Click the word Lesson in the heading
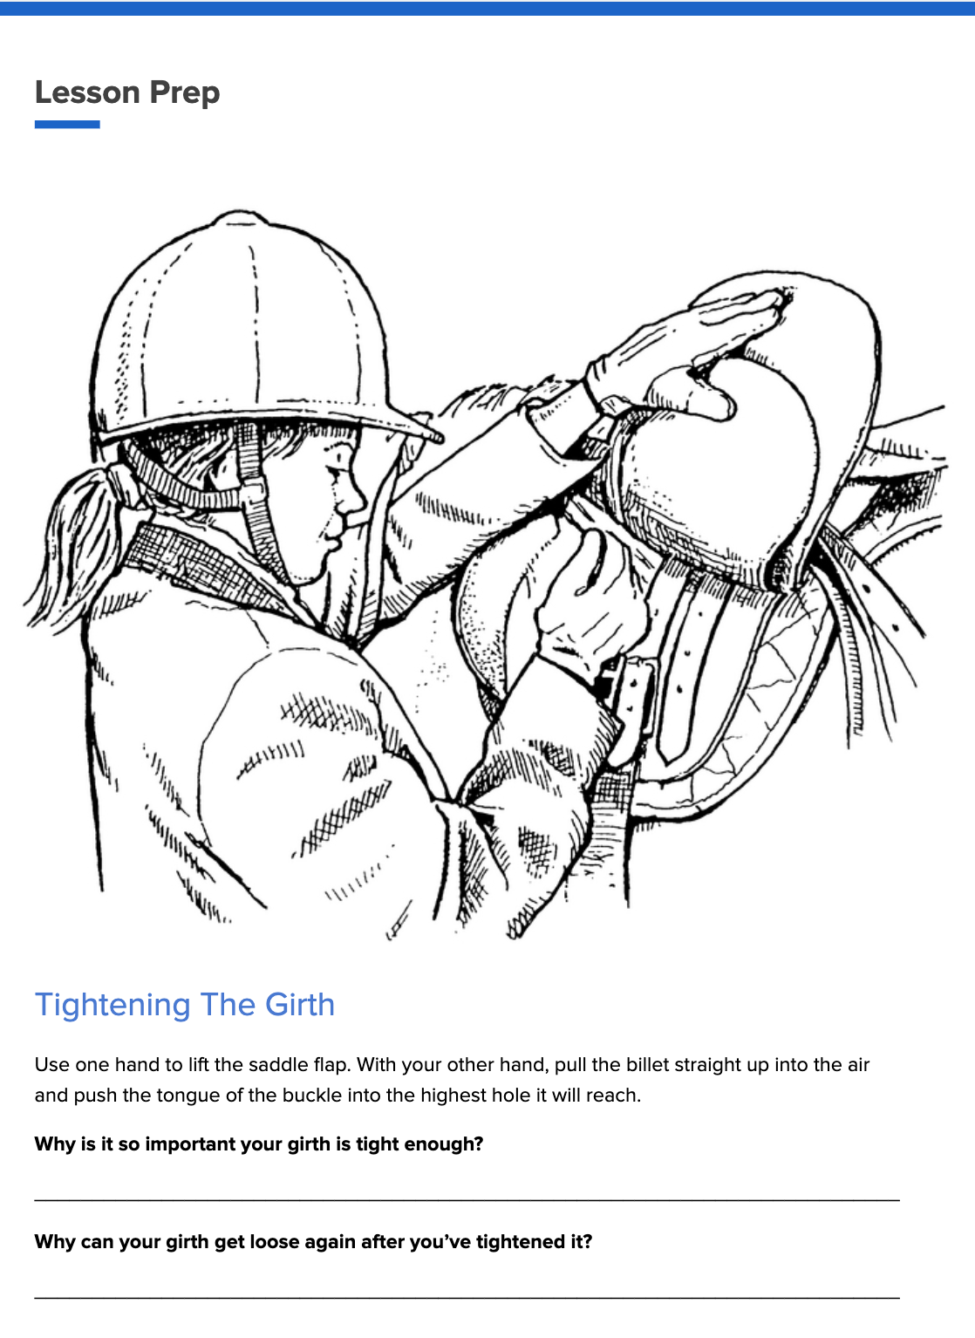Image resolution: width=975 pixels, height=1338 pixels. [87, 92]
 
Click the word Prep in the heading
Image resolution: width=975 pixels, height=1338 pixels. [184, 92]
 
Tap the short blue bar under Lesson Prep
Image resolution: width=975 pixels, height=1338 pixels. [67, 125]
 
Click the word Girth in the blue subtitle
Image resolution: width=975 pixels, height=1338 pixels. [299, 1005]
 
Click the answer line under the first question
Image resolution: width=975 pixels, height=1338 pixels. [467, 1200]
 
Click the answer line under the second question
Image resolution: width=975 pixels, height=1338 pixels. [467, 1298]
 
